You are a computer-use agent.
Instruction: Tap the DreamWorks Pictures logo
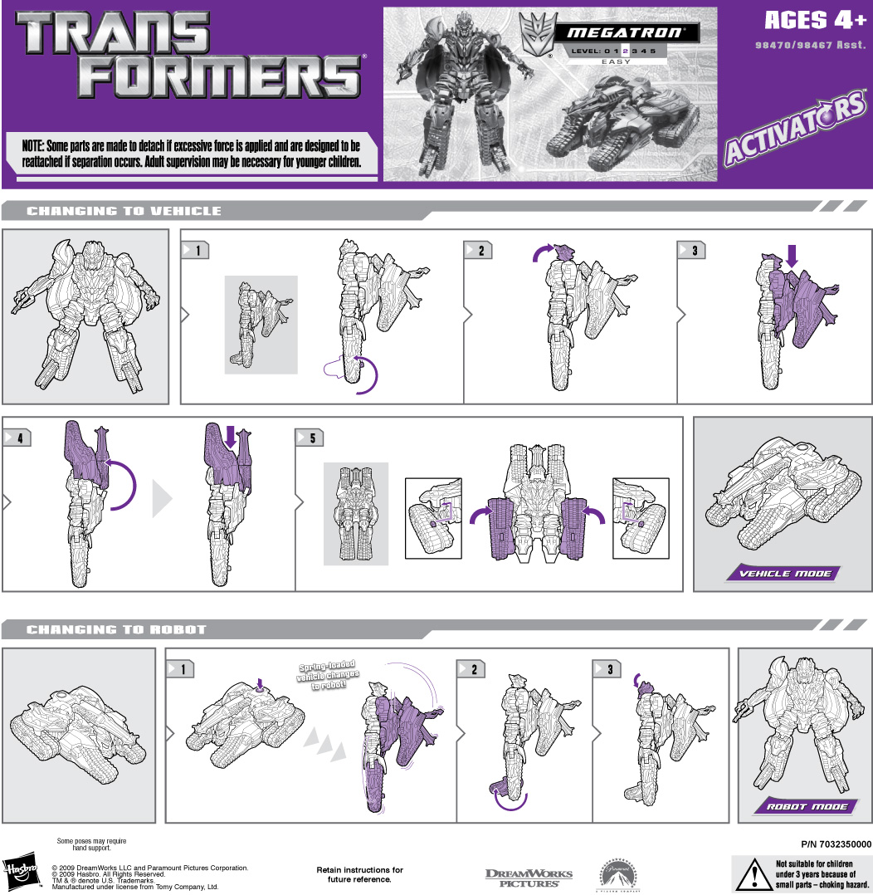coord(529,877)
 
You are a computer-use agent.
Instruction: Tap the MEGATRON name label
coord(626,33)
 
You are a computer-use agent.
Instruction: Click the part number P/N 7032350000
coord(837,844)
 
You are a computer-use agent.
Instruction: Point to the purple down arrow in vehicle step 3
coord(791,255)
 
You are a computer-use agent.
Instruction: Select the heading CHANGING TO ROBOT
coord(115,629)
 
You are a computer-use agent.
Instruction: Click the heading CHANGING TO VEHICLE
coord(124,211)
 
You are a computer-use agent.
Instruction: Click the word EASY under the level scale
coord(616,62)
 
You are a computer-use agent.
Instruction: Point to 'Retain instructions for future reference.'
coord(359,874)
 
